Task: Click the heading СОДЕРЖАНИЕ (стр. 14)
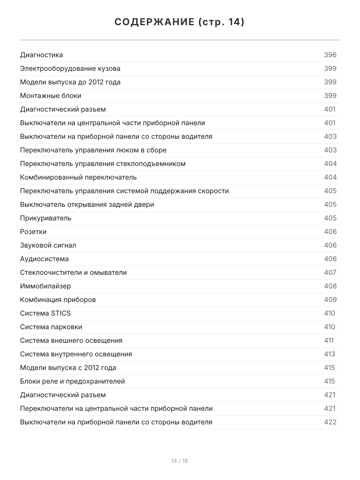coord(180,22)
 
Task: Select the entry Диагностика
coord(42,55)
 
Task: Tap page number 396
coord(330,55)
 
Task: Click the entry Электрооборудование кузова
coord(70,68)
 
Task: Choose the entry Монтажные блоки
coord(50,96)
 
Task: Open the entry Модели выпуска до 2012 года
coord(70,82)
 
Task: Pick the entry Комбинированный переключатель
coord(78,177)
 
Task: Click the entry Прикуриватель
coord(46,218)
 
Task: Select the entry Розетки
coord(33,232)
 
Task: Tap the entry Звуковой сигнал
coord(48,245)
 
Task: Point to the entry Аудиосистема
coord(44,259)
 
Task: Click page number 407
coord(330,272)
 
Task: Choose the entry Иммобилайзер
coord(46,286)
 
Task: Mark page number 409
coord(330,300)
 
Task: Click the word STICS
coord(61,313)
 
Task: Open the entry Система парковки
coord(51,327)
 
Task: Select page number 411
coord(329,340)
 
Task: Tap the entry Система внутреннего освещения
coord(76,354)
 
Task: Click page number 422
coord(330,422)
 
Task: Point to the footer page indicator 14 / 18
coord(180,461)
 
